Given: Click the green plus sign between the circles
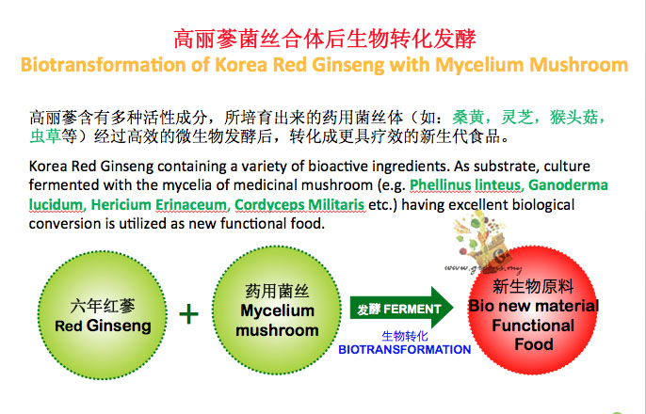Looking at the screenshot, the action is (188, 314).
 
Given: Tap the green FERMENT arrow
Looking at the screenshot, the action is (401, 308).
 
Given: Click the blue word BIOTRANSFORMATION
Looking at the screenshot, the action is (405, 349).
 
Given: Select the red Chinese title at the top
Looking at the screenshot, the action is (325, 40).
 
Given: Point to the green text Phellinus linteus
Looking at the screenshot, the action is (465, 185).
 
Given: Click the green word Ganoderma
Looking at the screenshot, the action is (568, 184).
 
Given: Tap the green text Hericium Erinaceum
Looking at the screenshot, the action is (158, 204).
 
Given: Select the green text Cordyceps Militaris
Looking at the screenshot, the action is (299, 204).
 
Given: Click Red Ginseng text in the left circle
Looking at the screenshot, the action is (103, 326).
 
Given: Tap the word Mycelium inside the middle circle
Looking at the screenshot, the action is (277, 310).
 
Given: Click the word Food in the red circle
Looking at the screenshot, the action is (534, 344).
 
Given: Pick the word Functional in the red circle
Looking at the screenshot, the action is (533, 326).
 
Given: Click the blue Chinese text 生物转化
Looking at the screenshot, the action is (405, 336).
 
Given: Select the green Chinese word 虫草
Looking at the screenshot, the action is (45, 135).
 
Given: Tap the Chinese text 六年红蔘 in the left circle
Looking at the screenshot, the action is (103, 306).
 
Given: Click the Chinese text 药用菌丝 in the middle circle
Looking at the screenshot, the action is (277, 291).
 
